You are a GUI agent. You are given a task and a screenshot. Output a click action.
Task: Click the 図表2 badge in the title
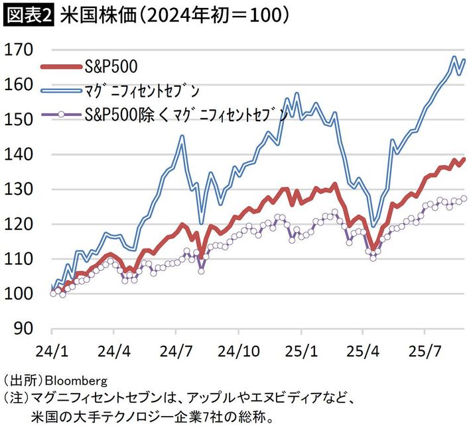coord(27,15)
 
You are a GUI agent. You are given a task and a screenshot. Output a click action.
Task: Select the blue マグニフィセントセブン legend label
coord(143,90)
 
